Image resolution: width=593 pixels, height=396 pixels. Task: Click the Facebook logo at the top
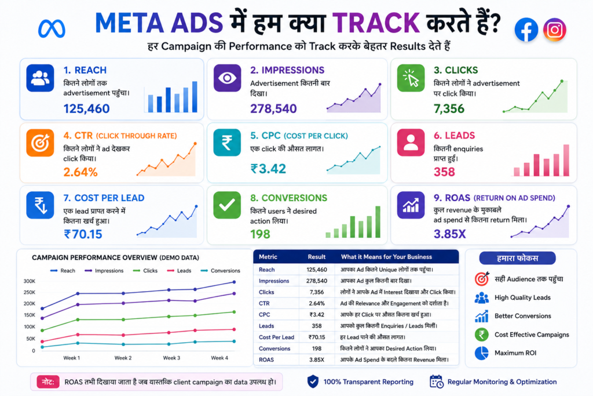(x=526, y=30)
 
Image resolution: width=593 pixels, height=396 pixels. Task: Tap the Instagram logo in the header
(x=554, y=30)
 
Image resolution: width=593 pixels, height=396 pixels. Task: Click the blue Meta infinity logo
(x=52, y=29)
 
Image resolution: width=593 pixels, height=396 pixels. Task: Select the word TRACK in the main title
(x=376, y=23)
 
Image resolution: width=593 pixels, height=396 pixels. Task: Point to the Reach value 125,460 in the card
(x=87, y=108)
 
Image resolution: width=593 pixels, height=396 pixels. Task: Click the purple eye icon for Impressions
(x=227, y=78)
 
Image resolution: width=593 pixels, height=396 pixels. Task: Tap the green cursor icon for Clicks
(x=411, y=78)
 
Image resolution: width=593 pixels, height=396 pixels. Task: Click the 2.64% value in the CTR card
(x=80, y=172)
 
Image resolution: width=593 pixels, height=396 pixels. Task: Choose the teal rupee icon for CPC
(x=227, y=143)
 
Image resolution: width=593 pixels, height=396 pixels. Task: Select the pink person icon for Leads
(x=411, y=143)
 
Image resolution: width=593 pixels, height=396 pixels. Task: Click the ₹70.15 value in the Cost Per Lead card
(x=83, y=234)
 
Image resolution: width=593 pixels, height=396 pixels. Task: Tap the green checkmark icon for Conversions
(x=227, y=205)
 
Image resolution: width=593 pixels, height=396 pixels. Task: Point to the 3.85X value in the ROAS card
(x=449, y=234)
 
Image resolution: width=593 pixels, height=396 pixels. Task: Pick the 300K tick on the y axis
(x=30, y=281)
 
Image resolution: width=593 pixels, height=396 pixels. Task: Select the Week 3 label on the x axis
(x=171, y=358)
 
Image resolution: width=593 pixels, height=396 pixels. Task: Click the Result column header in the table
(x=317, y=257)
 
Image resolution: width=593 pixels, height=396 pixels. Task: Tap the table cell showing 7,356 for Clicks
(x=317, y=292)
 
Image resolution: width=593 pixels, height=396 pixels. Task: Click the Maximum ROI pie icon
(x=481, y=353)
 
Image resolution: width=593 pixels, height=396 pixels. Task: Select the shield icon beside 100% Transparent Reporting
(x=313, y=382)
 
